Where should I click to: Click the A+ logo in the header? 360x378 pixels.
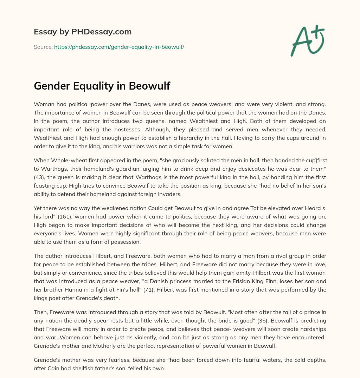(x=307, y=40)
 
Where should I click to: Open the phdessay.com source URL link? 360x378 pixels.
(x=119, y=47)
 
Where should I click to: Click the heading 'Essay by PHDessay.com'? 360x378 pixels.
(x=83, y=32)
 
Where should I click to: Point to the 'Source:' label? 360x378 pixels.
(x=43, y=47)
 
